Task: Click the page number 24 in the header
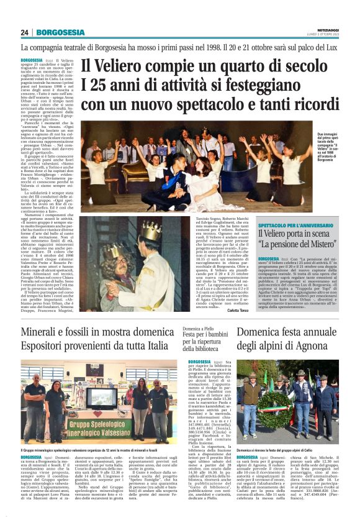pos(25,32)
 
